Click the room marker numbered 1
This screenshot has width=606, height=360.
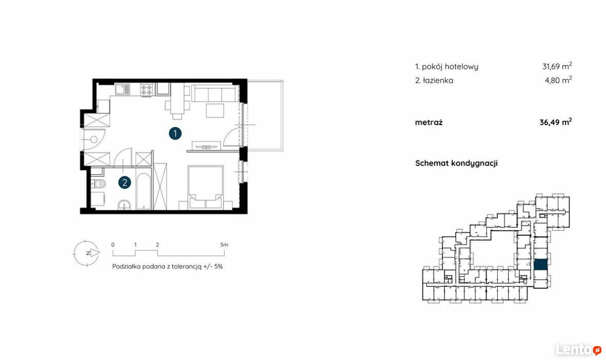click(175, 134)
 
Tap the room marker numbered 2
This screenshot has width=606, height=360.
click(125, 183)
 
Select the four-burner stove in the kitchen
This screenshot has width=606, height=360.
click(147, 90)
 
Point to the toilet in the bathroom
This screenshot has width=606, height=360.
click(99, 184)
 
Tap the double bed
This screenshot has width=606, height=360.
click(205, 188)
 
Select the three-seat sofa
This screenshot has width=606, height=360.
click(215, 93)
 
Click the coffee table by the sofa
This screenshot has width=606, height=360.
click(215, 111)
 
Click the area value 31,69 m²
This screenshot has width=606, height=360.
click(557, 66)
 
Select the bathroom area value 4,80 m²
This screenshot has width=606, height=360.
click(558, 80)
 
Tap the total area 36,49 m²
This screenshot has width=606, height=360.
click(556, 122)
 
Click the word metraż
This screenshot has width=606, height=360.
click(429, 122)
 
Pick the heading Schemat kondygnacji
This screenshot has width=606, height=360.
click(456, 163)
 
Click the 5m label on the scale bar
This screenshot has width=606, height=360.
click(224, 245)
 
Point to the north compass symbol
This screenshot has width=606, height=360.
click(87, 253)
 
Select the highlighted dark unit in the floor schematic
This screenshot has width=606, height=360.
click(541, 265)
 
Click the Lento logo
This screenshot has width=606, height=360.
click(578, 350)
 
